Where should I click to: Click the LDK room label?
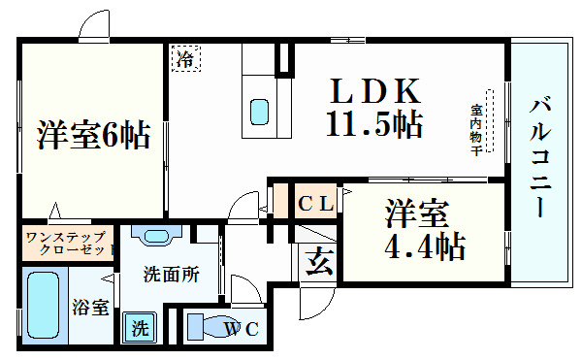[375, 92]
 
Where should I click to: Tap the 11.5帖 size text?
[372, 124]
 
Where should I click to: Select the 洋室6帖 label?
[94, 136]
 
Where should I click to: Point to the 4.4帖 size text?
[424, 246]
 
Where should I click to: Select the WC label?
[242, 330]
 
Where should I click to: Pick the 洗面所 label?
[171, 275]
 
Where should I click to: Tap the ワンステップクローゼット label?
[66, 243]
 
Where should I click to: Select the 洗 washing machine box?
[141, 328]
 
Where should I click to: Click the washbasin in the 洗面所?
[155, 236]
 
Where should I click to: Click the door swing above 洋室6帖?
[94, 24]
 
